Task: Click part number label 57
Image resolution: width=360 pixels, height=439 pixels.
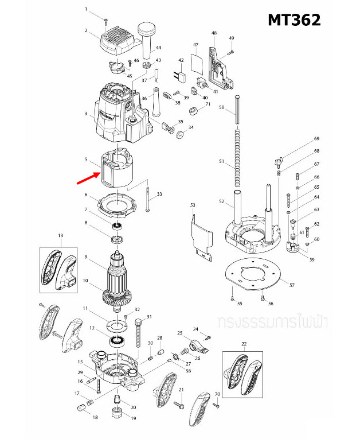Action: coord(292,285)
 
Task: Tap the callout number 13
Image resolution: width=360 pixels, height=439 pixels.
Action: coord(60,236)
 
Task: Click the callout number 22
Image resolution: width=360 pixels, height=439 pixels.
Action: coord(244,344)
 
